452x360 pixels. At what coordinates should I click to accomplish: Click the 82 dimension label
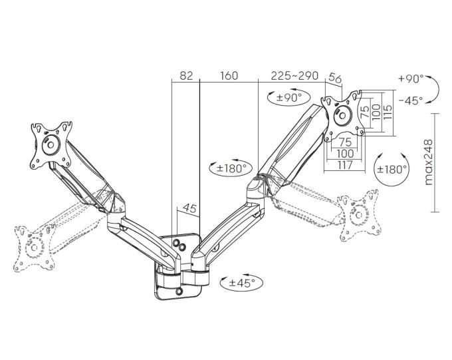[186, 76]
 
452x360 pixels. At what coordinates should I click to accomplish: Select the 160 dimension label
[229, 76]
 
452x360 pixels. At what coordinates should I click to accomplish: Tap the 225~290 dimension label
[294, 76]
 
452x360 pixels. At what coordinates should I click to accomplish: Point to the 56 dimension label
[335, 78]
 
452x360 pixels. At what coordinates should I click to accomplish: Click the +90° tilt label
[411, 79]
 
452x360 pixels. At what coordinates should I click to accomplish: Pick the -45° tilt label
[411, 100]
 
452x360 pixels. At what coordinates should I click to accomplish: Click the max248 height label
[429, 162]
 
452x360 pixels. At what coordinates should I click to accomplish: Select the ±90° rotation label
[289, 98]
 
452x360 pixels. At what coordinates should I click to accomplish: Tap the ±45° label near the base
[242, 283]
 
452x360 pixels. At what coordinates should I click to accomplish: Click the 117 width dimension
[345, 165]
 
